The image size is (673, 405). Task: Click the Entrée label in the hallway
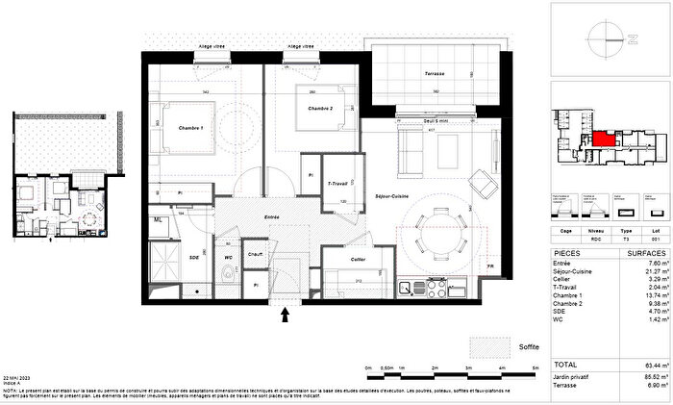click(x=272, y=218)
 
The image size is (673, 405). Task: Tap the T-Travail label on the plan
click(x=337, y=183)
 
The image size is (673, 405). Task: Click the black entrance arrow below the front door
click(x=285, y=311)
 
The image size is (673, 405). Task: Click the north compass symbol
click(x=607, y=38)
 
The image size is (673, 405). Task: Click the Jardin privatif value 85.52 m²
click(x=654, y=374)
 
